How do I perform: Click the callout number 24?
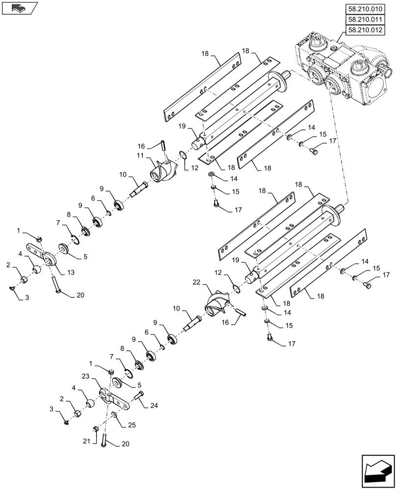[x=153, y=405]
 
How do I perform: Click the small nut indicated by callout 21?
[x=97, y=429]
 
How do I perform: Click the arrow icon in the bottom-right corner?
[x=377, y=470]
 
